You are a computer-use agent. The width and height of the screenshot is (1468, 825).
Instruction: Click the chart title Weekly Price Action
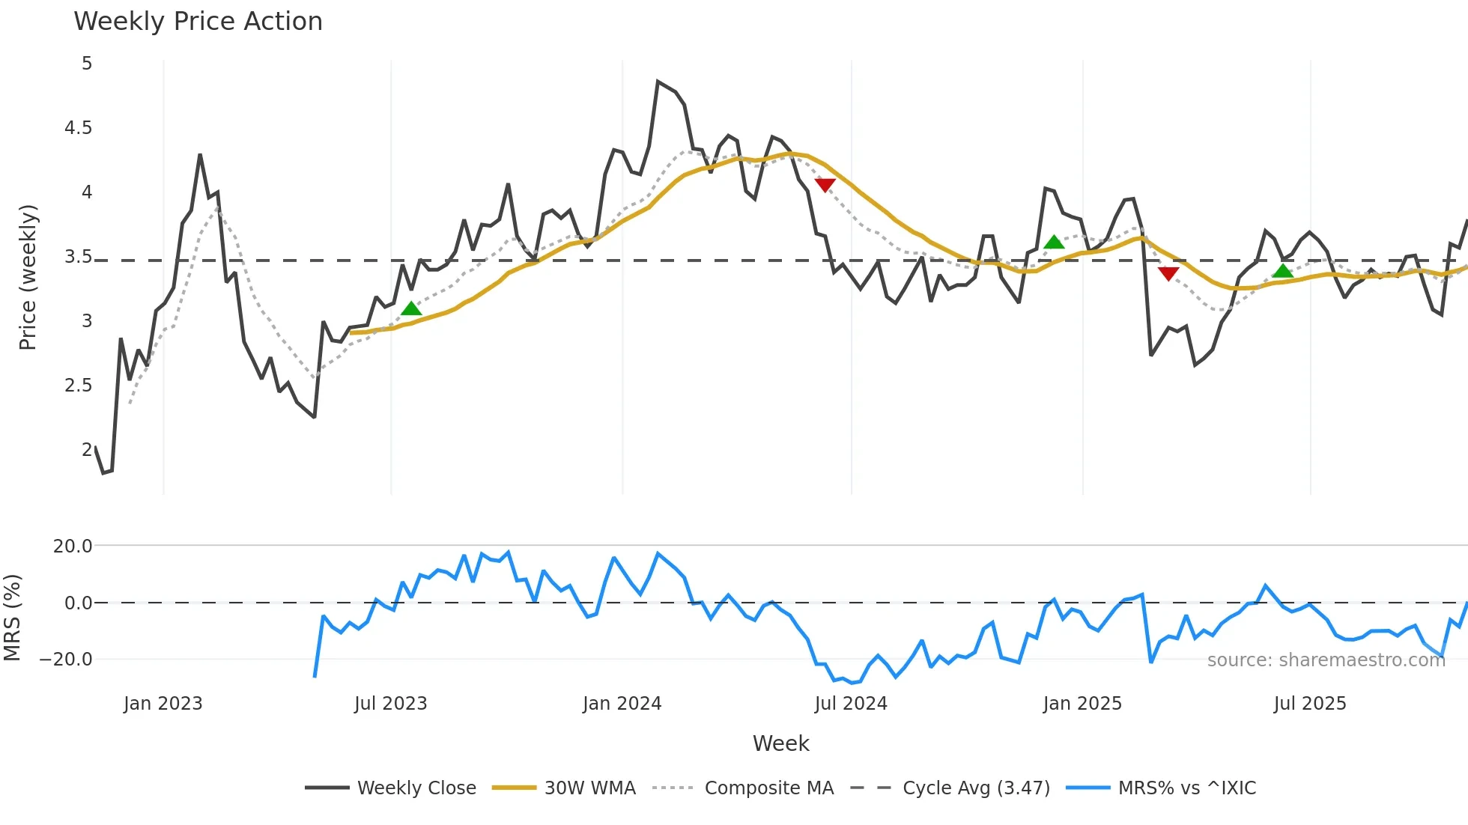pos(198,22)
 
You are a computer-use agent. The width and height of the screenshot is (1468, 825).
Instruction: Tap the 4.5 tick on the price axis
pos(78,128)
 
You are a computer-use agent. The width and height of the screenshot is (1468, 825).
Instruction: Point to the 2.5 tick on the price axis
pos(78,386)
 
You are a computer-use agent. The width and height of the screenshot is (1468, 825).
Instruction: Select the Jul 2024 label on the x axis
pos(850,704)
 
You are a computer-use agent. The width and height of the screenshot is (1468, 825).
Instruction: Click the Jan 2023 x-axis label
pos(163,704)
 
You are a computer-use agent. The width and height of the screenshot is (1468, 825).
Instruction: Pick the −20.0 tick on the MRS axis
pos(67,660)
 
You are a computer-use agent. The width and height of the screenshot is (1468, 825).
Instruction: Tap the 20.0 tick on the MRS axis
pos(73,547)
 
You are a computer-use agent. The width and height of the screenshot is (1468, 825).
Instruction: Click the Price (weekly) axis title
pos(28,277)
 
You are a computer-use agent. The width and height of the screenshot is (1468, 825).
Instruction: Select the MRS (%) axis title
pos(12,618)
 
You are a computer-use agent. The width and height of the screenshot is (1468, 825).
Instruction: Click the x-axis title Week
pos(780,743)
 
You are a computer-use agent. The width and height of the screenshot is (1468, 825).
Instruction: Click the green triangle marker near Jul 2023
pos(411,308)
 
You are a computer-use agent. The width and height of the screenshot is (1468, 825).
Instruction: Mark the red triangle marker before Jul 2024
pos(825,185)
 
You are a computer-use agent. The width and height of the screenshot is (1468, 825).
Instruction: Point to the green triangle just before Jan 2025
pos(1054,242)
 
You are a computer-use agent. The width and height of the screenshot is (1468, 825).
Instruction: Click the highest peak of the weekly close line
pos(658,82)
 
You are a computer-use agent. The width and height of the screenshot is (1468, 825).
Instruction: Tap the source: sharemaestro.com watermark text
pos(1326,660)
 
